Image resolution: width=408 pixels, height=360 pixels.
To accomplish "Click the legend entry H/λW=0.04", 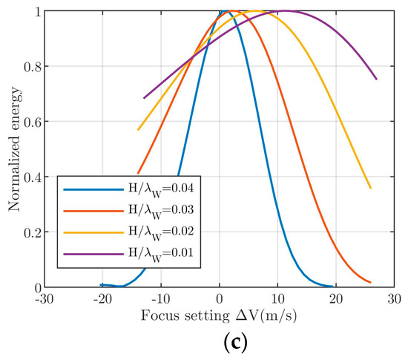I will [x=148, y=189].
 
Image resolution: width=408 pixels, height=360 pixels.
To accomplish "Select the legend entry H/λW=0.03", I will [x=148, y=210].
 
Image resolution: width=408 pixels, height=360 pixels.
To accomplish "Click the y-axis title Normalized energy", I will [x=13, y=148].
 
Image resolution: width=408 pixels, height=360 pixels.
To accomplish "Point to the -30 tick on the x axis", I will [x=45, y=298].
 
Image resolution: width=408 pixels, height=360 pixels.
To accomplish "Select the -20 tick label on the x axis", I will [x=102, y=298].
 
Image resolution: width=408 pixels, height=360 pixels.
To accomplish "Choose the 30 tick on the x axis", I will [x=393, y=298].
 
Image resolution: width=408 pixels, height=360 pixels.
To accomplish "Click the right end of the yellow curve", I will [x=371, y=189].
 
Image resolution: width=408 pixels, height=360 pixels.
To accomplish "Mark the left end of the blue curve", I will [x=101, y=284].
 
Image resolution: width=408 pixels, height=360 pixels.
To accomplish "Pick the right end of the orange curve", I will [x=370, y=282].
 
